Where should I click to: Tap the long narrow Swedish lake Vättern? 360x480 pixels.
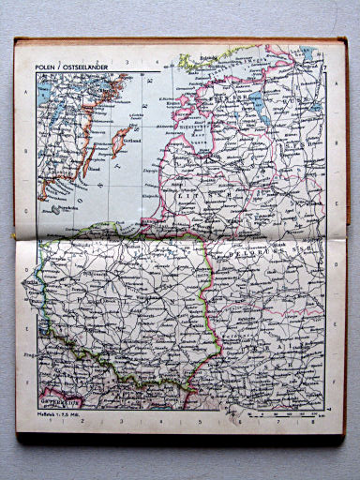pyautogui.click(x=46, y=112)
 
